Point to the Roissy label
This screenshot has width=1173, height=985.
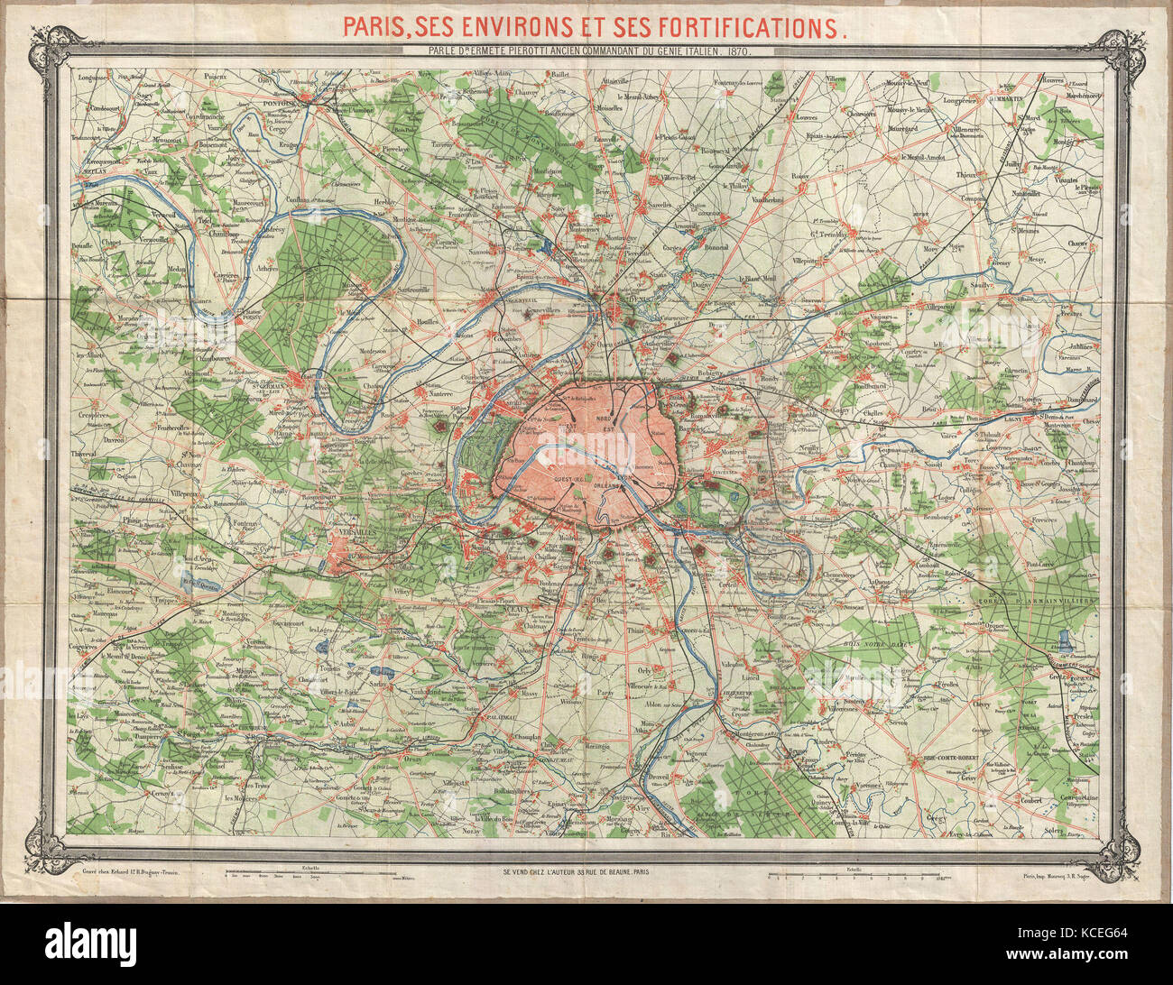799,177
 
